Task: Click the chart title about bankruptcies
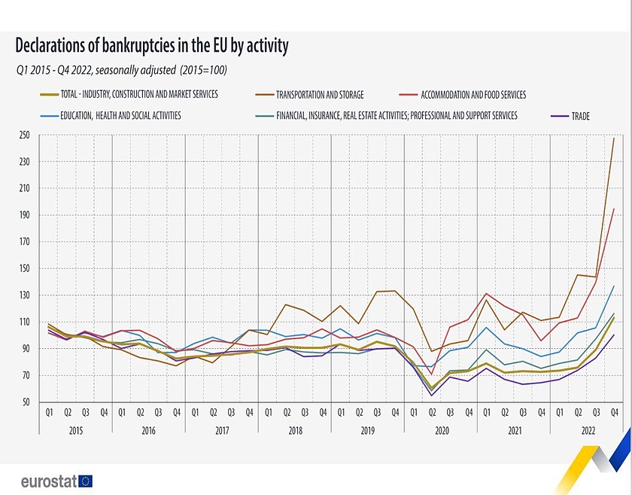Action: (151, 47)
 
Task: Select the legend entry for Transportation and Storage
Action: (320, 95)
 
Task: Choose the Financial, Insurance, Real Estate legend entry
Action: (397, 116)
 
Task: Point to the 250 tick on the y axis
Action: (25, 135)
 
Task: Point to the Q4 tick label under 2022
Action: (614, 413)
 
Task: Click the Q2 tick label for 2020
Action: (432, 413)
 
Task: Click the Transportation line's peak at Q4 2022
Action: (614, 139)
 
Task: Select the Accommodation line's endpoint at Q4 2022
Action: (614, 209)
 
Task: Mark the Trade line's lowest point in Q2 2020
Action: (432, 396)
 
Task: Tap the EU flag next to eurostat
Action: (84, 480)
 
